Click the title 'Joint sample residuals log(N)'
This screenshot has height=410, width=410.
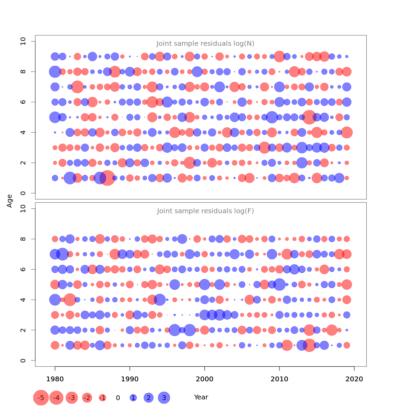pyautogui.click(x=205, y=44)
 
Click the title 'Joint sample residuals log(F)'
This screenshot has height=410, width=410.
pyautogui.click(x=205, y=211)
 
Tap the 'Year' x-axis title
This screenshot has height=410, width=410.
pyautogui.click(x=201, y=397)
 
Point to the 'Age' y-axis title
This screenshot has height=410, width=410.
pyautogui.click(x=10, y=201)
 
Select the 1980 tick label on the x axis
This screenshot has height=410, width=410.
pyautogui.click(x=55, y=379)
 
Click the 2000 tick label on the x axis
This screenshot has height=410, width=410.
pyautogui.click(x=205, y=379)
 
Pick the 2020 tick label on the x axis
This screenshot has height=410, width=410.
pyautogui.click(x=354, y=379)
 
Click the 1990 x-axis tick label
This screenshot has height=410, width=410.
pyautogui.click(x=130, y=379)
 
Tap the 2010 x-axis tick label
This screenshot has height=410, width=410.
pyautogui.click(x=279, y=379)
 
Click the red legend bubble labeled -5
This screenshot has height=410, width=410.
pyautogui.click(x=41, y=398)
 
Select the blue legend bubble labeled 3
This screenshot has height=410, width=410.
pyautogui.click(x=164, y=398)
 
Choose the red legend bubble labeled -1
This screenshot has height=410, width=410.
pyautogui.click(x=102, y=398)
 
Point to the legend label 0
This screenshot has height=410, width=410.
pyautogui.click(x=118, y=398)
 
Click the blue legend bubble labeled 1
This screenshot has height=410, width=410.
pyautogui.click(x=133, y=398)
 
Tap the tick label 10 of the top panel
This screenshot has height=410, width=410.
pyautogui.click(x=23, y=41)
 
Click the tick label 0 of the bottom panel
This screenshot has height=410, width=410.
pyautogui.click(x=23, y=360)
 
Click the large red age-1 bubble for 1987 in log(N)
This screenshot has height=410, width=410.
pyautogui.click(x=107, y=178)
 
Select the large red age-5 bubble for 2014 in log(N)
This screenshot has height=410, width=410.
pyautogui.click(x=309, y=117)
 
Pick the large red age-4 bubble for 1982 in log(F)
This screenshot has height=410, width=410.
pyautogui.click(x=70, y=300)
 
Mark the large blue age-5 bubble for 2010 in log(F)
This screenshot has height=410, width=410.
pyautogui.click(x=279, y=284)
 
